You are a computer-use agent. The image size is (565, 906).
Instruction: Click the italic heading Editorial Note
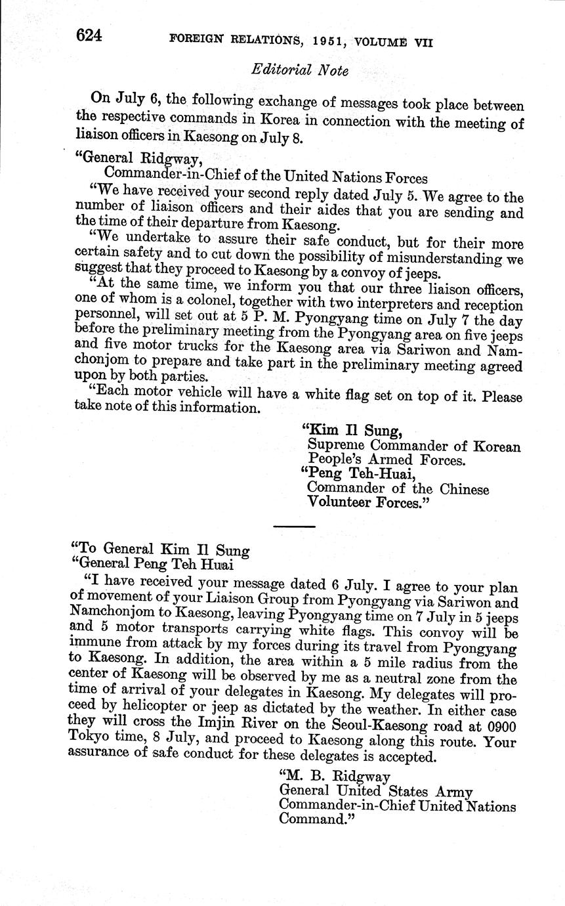pos(300,70)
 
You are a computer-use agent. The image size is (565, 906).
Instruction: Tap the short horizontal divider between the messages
pos(294,526)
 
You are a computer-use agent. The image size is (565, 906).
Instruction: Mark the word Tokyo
pos(91,743)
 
